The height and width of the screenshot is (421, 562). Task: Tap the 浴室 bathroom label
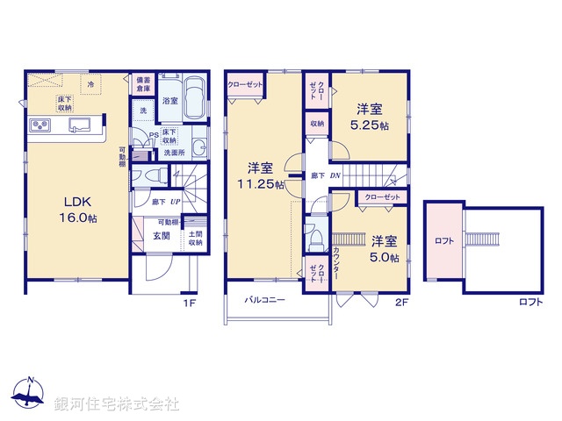coord(170,102)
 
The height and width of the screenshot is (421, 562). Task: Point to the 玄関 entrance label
coord(164,236)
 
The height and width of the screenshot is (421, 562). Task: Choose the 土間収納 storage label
coord(196,237)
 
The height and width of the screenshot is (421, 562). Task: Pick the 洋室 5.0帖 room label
coord(384,248)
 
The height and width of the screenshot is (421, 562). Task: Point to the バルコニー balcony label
coord(265,299)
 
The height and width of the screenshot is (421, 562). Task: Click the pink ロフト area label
coord(443,239)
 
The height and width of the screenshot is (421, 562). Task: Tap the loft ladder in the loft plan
coord(480,239)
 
